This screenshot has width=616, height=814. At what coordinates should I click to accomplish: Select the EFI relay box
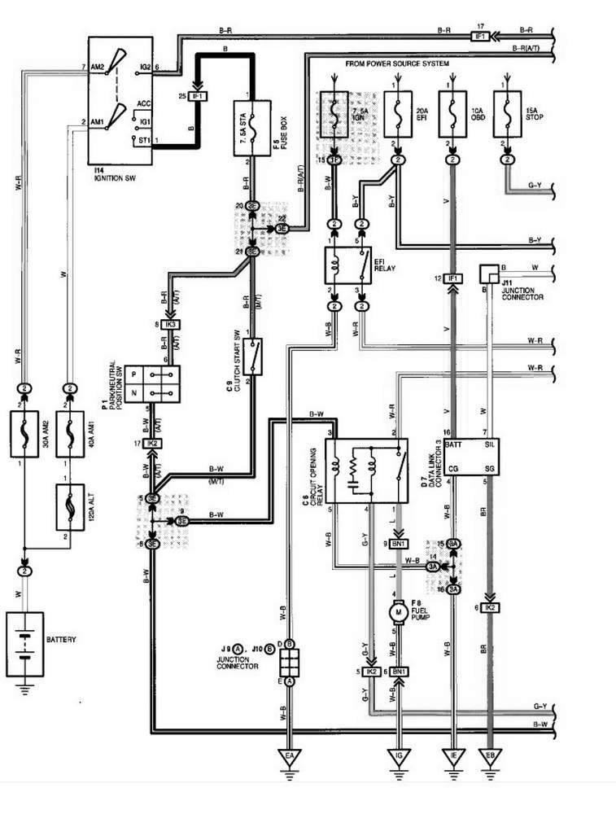point(347,265)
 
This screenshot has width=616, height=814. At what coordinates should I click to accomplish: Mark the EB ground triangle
point(489,756)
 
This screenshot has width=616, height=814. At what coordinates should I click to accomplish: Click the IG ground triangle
point(399,756)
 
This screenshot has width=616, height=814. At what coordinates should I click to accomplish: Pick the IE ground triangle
point(452,756)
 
